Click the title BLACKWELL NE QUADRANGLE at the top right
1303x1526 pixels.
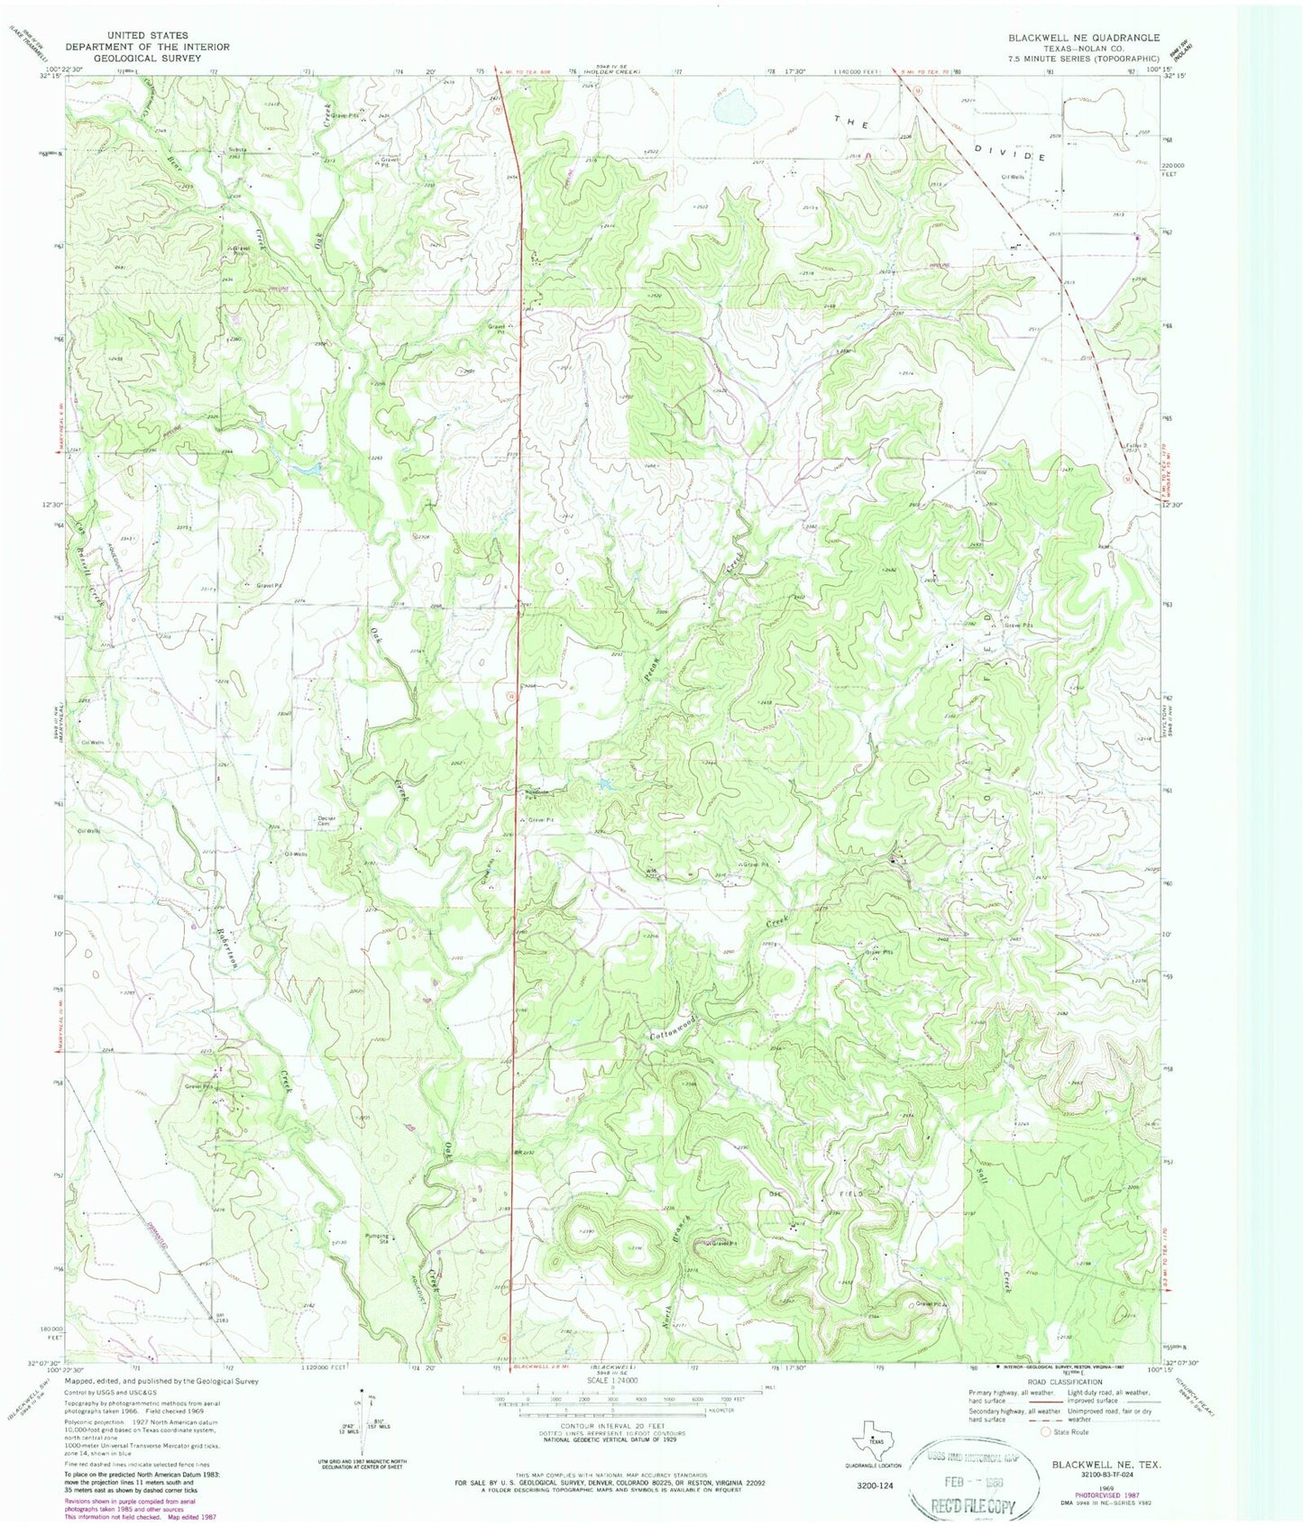[x=1083, y=38]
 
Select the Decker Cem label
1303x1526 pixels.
[x=326, y=820]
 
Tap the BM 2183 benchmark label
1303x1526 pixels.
[x=221, y=1317]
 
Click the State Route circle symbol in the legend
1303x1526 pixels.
[x=1046, y=1431]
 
